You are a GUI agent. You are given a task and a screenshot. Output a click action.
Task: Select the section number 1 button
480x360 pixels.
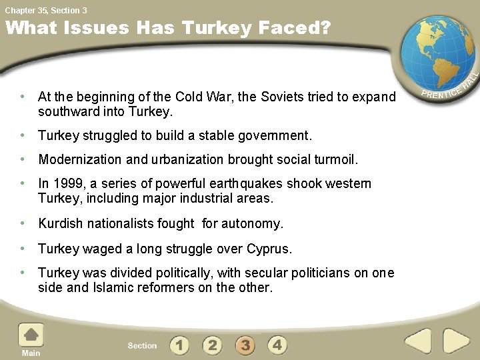179,345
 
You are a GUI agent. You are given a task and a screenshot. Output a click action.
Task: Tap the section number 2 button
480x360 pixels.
212,345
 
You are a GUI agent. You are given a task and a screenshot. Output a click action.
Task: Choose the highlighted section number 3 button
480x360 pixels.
245,345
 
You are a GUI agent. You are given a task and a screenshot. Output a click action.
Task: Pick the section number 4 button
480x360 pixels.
277,345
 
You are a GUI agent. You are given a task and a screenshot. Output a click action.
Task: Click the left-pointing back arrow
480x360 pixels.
419,341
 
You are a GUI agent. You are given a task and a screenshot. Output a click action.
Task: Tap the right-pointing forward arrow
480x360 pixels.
457,341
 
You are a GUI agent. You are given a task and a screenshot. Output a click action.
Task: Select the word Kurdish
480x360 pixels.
60,223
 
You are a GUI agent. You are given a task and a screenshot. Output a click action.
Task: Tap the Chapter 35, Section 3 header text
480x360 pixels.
46,10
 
